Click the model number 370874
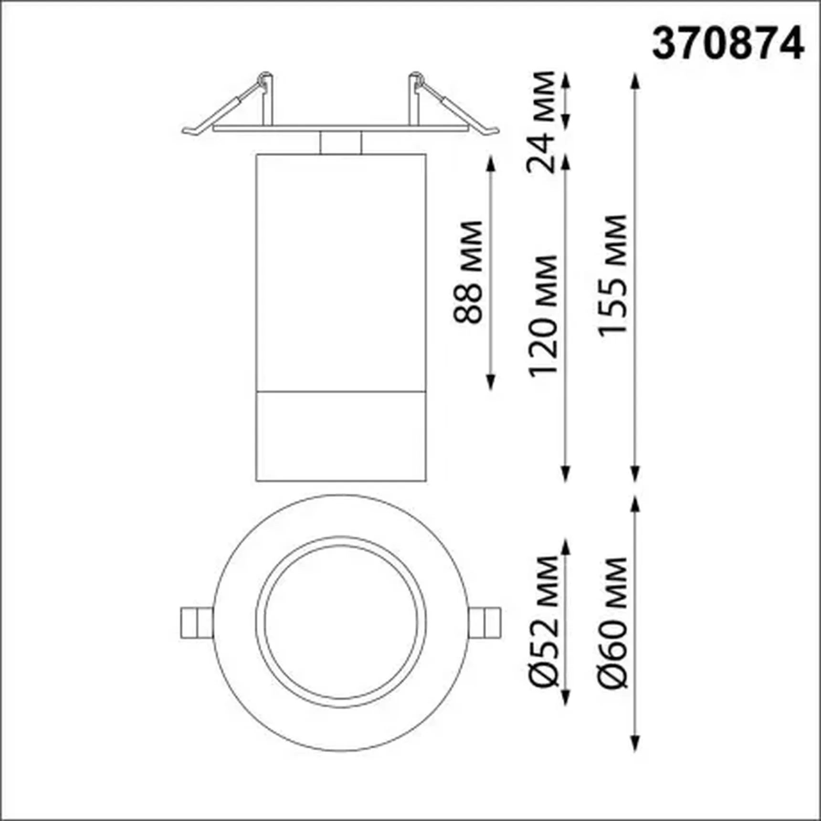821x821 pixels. (728, 43)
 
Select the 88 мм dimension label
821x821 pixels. (468, 272)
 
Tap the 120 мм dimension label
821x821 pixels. (543, 316)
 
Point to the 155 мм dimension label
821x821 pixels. (612, 276)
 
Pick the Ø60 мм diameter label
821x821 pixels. (612, 623)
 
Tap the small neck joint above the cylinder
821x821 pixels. (341, 142)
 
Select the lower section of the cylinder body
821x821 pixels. (341, 436)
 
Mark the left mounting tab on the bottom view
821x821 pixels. (196, 622)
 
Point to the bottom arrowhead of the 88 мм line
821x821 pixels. (490, 383)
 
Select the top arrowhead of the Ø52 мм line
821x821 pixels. (566, 547)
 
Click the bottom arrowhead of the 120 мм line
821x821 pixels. (566, 474)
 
